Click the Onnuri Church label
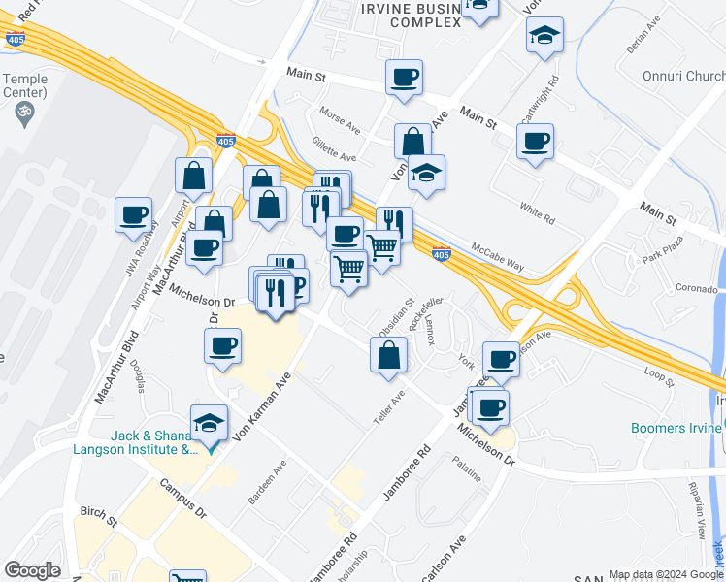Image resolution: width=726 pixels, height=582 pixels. click(678, 76)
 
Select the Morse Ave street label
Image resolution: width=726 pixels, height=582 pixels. click(340, 121)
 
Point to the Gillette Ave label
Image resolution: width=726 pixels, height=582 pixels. click(334, 149)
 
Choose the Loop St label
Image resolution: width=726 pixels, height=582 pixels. click(658, 373)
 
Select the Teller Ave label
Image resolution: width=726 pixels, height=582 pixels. click(388, 412)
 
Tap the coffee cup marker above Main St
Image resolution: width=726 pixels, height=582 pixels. click(404, 76)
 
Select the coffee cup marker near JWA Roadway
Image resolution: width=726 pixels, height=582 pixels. click(133, 214)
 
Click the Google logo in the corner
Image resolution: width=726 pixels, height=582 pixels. click(32, 570)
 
